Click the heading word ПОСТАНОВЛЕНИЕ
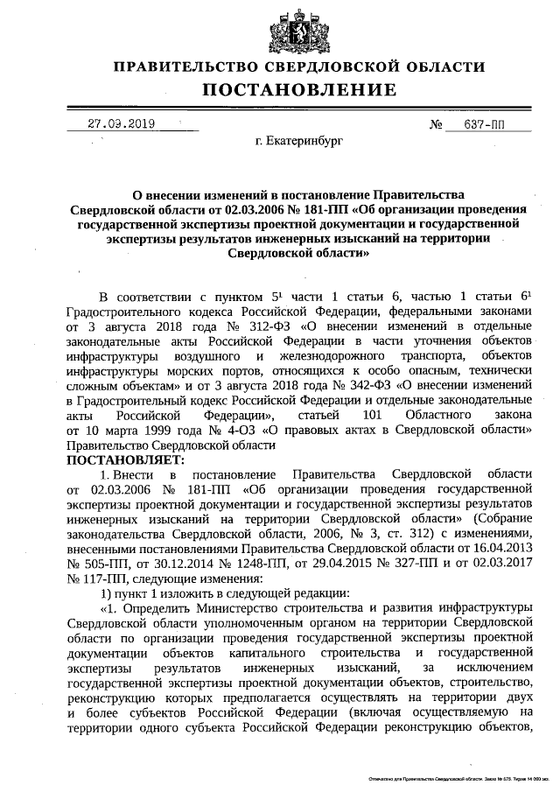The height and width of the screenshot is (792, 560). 299,89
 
